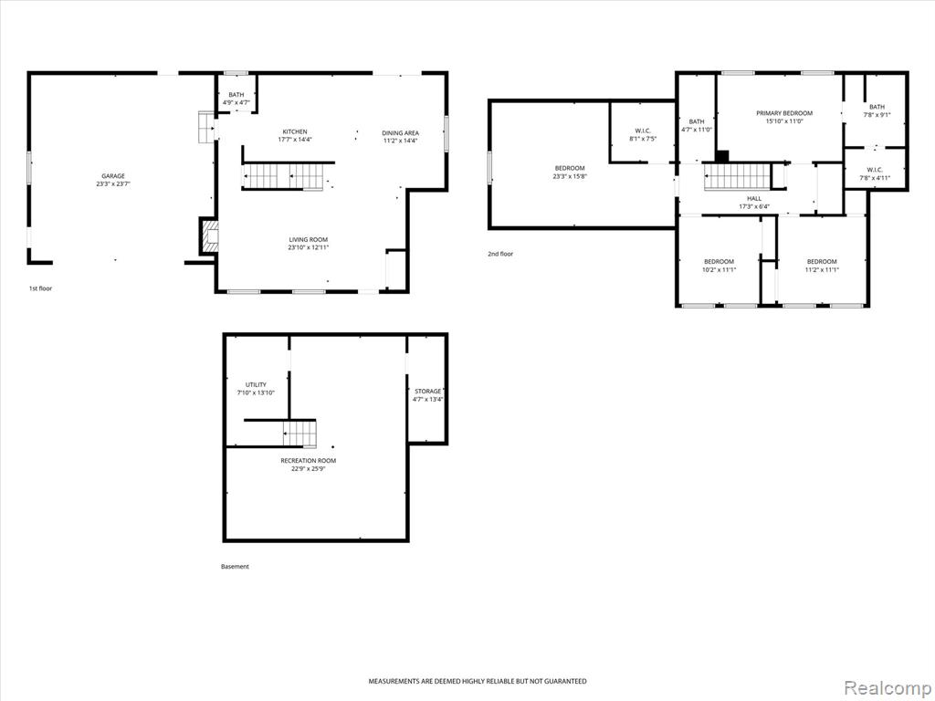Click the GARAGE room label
(x=113, y=176)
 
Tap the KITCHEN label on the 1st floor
(x=295, y=131)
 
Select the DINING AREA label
(x=401, y=133)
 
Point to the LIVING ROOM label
(x=309, y=240)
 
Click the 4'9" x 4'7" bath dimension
(x=236, y=102)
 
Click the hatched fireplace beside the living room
(x=210, y=236)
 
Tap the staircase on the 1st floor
(x=284, y=176)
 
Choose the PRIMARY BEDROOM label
(x=784, y=113)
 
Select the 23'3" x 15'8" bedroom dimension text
(x=570, y=176)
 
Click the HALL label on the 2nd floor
(x=754, y=198)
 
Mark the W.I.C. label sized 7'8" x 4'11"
(x=875, y=169)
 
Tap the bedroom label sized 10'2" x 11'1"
(x=720, y=262)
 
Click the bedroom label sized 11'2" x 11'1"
(x=822, y=262)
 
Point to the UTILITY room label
(x=256, y=385)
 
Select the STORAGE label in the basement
(x=428, y=392)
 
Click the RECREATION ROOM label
(x=309, y=461)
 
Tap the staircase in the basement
(x=299, y=434)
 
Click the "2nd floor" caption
(x=500, y=254)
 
